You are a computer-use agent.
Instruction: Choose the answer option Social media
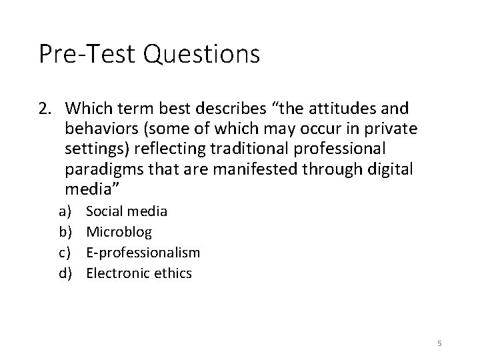pyautogui.click(x=127, y=212)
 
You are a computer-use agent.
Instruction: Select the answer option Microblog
pyautogui.click(x=119, y=232)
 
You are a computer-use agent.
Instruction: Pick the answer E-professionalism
pyautogui.click(x=143, y=253)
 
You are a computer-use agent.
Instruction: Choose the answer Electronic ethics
pyautogui.click(x=139, y=273)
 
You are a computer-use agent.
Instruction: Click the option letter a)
pyautogui.click(x=65, y=212)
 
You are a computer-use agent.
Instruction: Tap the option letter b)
pyautogui.click(x=65, y=232)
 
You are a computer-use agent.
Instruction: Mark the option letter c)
pyautogui.click(x=65, y=253)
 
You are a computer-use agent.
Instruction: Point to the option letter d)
pyautogui.click(x=65, y=273)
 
